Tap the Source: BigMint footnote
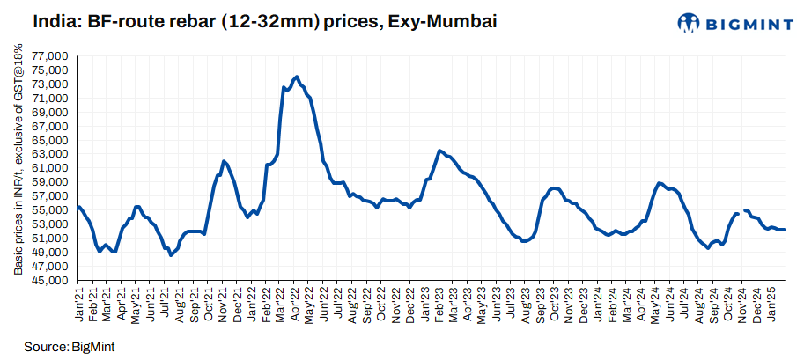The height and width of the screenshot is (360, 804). (70, 346)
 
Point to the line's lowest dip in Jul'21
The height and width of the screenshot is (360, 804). (171, 255)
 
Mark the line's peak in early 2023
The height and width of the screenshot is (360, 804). (440, 151)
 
